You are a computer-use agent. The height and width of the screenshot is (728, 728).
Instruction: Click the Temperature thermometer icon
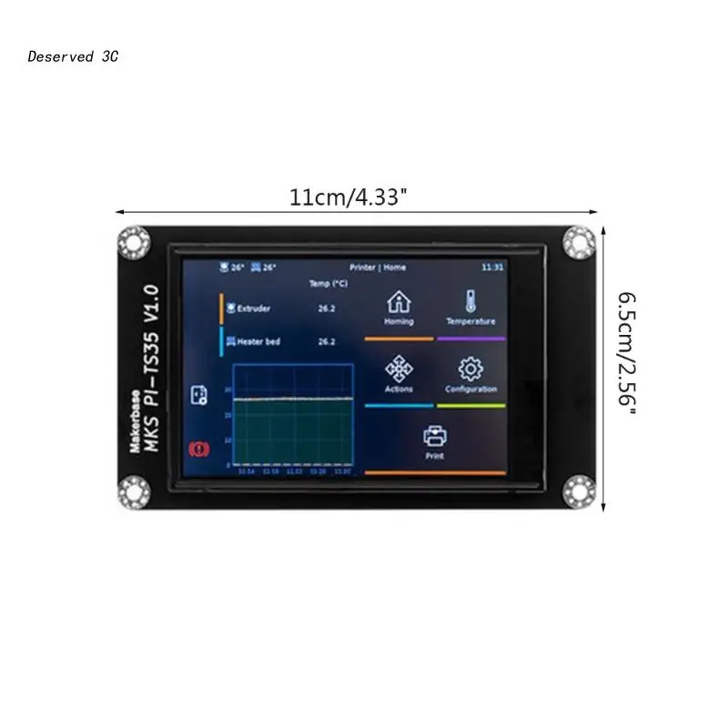[x=470, y=302]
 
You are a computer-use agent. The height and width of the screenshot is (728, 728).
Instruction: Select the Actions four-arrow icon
[x=399, y=369]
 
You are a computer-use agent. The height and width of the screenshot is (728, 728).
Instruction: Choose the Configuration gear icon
[x=470, y=369]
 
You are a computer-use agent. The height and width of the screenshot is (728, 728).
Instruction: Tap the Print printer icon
[x=435, y=436]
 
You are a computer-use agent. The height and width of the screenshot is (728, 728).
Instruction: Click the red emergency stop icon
[x=197, y=448]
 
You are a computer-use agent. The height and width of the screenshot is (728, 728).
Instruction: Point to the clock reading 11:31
[x=492, y=268]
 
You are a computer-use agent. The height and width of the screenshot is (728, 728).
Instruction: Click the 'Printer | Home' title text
[x=378, y=268]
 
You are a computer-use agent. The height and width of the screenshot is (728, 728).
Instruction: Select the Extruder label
[x=253, y=308]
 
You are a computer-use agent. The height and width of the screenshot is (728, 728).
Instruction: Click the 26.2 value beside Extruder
[x=327, y=308]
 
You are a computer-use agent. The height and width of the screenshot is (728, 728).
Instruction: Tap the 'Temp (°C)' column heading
[x=327, y=284]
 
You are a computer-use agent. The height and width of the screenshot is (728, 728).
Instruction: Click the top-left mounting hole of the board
[x=137, y=241]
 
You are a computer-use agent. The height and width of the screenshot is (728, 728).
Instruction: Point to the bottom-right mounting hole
[x=578, y=491]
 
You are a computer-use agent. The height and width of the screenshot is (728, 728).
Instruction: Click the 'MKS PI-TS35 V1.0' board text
[x=151, y=369]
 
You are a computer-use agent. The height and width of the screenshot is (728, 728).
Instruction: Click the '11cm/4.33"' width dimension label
[x=344, y=197]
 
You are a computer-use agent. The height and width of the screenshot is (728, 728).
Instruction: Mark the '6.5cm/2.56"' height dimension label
[x=627, y=354]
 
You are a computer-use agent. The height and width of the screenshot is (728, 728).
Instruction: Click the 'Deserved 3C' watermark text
[x=73, y=56]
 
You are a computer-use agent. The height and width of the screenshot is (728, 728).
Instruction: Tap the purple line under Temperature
[x=470, y=339]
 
